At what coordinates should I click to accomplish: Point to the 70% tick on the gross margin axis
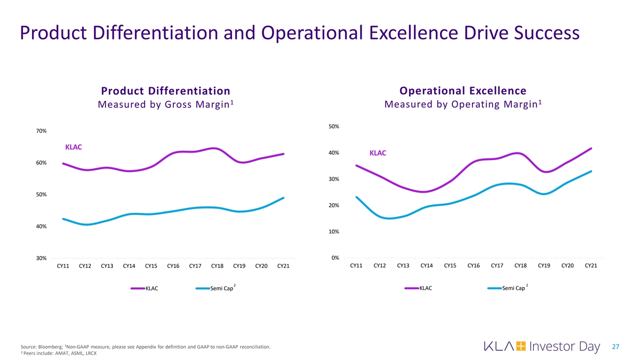point(41,131)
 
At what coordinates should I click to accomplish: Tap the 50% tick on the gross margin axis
point(41,195)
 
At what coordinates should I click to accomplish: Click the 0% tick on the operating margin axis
point(335,258)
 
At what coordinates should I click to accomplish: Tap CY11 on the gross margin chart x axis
point(63,266)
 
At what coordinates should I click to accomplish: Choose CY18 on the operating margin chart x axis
point(521,266)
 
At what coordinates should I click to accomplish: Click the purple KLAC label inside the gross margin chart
point(74,147)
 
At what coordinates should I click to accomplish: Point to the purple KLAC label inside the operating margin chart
point(378,153)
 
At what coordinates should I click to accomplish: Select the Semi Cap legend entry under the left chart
point(221,289)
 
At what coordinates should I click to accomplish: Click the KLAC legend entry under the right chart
point(426,289)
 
